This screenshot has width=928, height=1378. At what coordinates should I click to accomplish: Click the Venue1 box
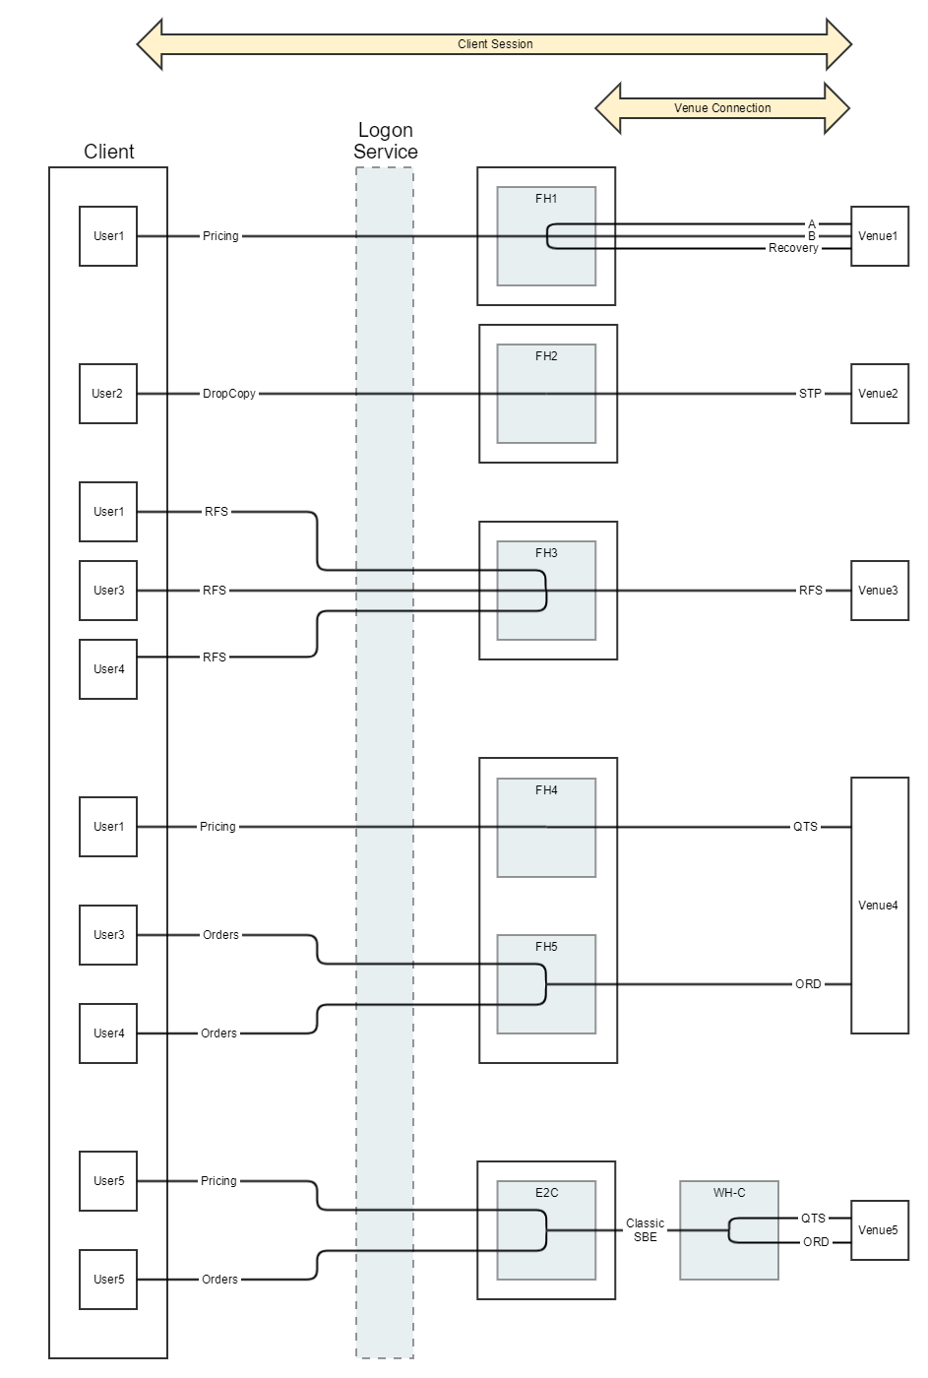[879, 236]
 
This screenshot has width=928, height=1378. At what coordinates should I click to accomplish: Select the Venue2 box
[879, 394]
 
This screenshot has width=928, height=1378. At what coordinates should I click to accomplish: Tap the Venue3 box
[879, 591]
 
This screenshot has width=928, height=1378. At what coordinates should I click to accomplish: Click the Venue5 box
[879, 1230]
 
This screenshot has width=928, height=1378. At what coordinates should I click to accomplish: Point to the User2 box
[108, 394]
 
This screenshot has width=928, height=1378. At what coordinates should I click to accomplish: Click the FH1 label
[546, 199]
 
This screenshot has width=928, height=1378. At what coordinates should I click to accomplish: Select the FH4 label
[546, 790]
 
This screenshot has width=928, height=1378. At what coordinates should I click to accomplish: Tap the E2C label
[546, 1193]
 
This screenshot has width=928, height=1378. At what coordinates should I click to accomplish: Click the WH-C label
[729, 1193]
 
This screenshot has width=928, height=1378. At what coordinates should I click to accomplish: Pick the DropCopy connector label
[229, 394]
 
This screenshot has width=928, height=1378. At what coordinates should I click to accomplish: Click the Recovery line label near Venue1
[793, 249]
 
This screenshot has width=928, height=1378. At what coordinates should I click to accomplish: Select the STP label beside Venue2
[810, 394]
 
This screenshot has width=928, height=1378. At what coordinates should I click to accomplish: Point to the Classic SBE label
[646, 1230]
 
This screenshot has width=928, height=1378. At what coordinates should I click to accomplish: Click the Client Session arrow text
[495, 44]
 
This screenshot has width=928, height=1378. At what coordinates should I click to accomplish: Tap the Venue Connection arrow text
[722, 108]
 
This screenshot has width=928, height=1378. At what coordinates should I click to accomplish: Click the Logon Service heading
[386, 141]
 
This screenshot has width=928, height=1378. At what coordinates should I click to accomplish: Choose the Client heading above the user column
[109, 152]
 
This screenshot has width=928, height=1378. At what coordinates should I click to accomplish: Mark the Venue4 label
[879, 906]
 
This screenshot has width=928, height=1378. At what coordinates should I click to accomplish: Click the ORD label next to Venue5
[816, 1242]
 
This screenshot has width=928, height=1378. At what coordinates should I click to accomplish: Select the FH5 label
[546, 947]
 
